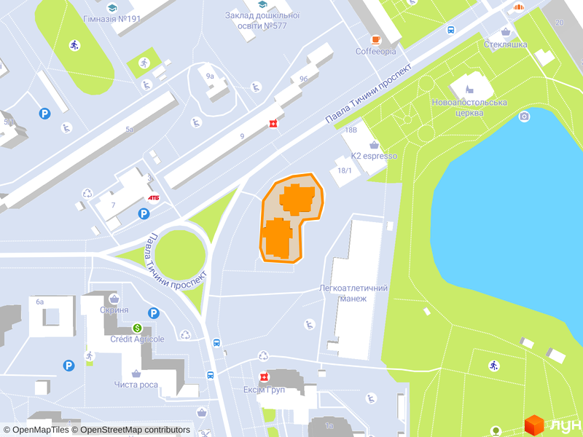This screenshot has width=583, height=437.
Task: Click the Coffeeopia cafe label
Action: pos(376,52)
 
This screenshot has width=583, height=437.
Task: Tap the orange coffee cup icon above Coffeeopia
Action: pos(376,39)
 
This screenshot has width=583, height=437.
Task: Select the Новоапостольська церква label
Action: pos(469,107)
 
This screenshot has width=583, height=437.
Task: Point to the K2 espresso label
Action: pos(374,156)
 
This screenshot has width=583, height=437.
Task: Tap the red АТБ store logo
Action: pos(154,197)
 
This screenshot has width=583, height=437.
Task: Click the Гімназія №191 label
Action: pos(112,19)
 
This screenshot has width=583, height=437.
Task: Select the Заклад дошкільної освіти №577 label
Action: pos(262,20)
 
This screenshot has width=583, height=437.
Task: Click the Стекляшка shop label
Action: pos(506,44)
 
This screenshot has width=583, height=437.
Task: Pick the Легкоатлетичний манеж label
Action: pos(353,293)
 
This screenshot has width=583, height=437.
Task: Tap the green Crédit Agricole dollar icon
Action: pos(137,328)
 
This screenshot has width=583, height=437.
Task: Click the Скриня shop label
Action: pos(114,310)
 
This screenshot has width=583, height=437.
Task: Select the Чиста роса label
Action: pos(136,384)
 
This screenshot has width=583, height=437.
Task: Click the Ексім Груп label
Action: pos(265,389)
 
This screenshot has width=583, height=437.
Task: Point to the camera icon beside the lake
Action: pos(524,117)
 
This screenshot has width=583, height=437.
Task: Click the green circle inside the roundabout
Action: pos(181,253)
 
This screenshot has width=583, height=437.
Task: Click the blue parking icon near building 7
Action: pos(144,213)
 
